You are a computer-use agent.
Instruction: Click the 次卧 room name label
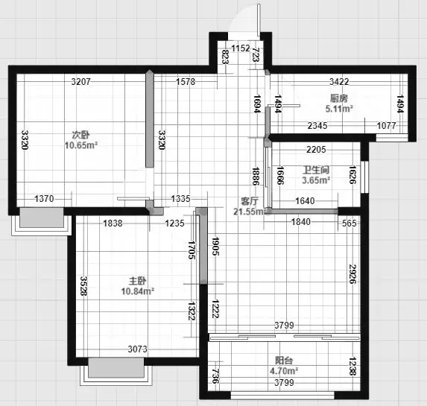coord(81,135)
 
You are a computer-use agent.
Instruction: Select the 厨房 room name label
coord(339,98)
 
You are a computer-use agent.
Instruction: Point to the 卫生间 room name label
coord(316,170)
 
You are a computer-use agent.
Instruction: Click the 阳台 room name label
coord(284,361)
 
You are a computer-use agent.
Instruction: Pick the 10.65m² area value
coord(81,145)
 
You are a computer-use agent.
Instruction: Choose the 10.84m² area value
coord(138,291)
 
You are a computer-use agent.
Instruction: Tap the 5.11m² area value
coord(339,109)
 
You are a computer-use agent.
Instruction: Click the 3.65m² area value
coord(316,180)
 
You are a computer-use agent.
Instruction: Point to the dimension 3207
coord(80,82)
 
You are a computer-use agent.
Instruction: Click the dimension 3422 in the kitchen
coord(339,82)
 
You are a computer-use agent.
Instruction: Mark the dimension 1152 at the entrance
coord(241,48)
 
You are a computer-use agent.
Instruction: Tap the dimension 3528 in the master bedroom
coord(84,286)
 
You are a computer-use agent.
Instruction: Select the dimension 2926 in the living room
coord(352,273)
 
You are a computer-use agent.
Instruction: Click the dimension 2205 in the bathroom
coord(316,150)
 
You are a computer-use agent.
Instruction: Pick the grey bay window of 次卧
coord(42,218)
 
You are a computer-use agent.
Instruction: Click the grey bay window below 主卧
coord(116,367)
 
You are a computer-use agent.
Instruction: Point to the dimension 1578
coord(186,82)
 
